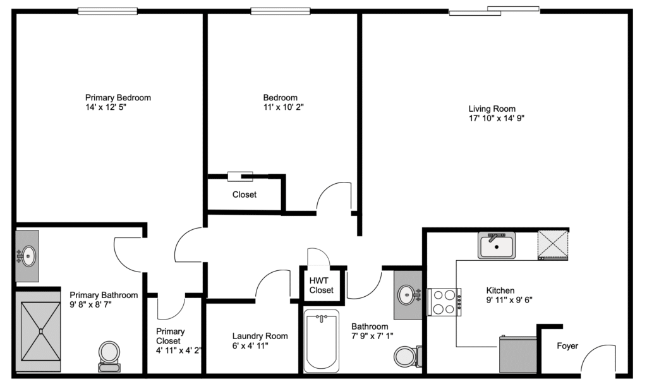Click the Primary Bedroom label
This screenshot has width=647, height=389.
118,98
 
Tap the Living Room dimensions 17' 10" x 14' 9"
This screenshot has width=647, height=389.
497,118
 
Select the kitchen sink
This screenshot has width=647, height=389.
497,245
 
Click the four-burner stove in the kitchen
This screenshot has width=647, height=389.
444,302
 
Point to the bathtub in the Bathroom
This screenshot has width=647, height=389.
322,341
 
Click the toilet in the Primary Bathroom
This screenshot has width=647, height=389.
109,356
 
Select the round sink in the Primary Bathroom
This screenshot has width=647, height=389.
28,256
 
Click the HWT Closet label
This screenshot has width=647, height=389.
322,285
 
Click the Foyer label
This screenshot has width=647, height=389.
567,345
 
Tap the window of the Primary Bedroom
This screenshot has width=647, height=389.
107,11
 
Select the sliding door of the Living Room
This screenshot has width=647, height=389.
494,11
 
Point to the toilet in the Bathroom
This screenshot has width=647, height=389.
408,356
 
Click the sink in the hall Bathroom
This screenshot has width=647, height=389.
409,294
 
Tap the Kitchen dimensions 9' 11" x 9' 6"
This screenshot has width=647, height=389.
509,300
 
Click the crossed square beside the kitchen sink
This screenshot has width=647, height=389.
552,245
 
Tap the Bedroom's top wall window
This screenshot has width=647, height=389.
281,11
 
